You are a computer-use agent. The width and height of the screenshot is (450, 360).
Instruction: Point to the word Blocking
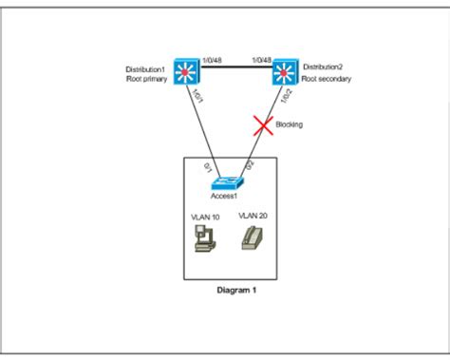coord(290,124)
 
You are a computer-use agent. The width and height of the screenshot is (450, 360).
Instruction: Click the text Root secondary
coord(328,80)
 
